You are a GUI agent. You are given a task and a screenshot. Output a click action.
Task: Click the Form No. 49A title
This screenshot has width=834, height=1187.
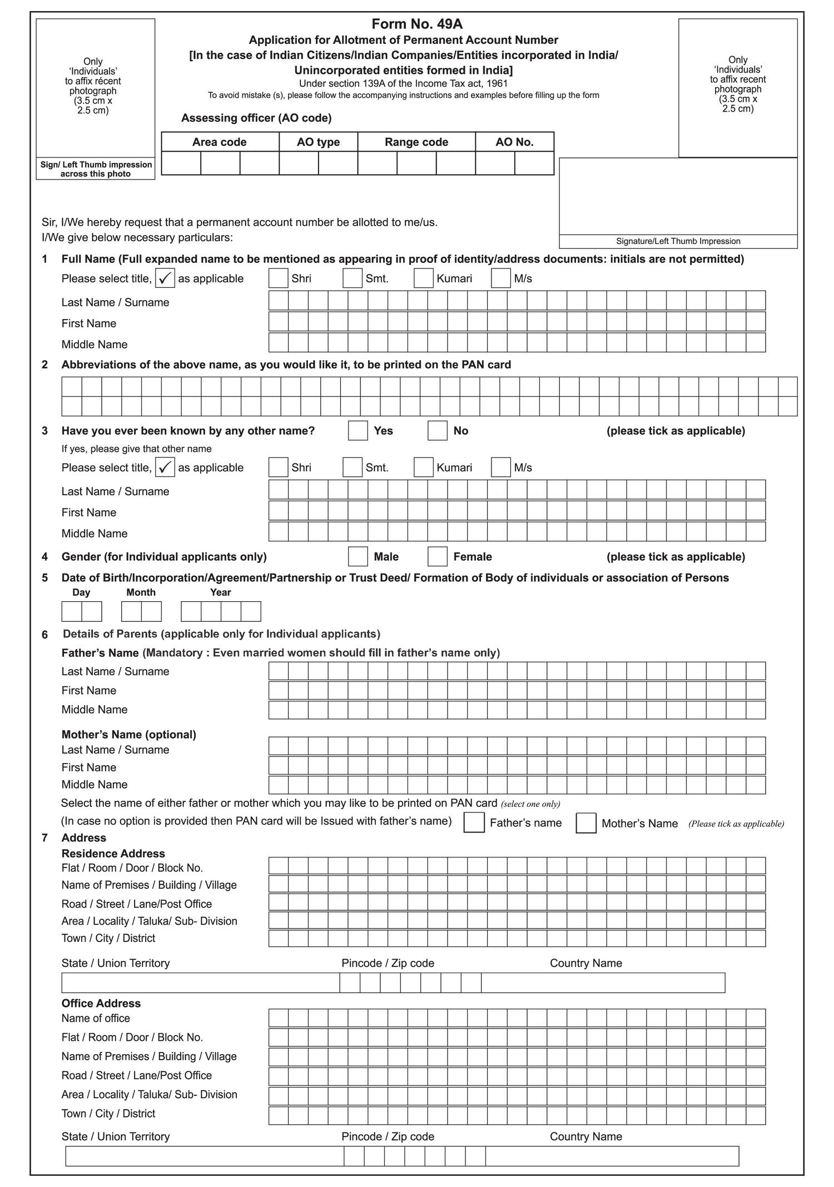click(417, 24)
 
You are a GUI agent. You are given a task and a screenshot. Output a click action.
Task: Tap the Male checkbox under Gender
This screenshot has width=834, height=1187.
click(358, 556)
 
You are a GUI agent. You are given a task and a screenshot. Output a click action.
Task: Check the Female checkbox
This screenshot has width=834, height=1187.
click(438, 556)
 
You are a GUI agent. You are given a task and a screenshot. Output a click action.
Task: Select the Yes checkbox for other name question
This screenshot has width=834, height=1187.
click(358, 431)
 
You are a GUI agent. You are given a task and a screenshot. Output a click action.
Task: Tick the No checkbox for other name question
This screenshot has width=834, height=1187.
click(438, 431)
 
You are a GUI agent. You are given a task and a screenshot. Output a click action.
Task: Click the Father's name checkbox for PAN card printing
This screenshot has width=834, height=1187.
click(474, 822)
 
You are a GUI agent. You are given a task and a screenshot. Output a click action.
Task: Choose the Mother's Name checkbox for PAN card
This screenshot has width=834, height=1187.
click(586, 823)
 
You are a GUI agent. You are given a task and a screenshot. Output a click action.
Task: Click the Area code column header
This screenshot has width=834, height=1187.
click(220, 142)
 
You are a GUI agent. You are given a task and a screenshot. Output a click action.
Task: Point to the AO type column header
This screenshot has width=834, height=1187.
click(318, 142)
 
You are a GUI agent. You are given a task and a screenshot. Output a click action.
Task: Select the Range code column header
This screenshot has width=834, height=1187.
click(416, 142)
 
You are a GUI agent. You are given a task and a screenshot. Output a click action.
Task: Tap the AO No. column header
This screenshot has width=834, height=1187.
click(514, 142)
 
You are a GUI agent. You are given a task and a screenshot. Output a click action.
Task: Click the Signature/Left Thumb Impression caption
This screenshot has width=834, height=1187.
click(678, 241)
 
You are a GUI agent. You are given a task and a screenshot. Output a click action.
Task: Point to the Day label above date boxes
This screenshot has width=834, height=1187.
click(81, 592)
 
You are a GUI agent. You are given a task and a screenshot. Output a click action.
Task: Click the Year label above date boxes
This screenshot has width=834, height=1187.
click(221, 592)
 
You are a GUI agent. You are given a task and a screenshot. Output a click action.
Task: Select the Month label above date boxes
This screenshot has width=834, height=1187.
click(141, 592)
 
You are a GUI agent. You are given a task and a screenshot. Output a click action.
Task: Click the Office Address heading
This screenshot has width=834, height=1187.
click(101, 1003)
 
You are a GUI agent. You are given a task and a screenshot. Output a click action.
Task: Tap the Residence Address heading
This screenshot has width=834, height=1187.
click(113, 853)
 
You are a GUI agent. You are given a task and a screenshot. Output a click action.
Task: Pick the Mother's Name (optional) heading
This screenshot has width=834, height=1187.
click(129, 735)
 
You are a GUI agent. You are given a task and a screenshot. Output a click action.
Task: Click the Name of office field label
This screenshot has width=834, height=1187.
click(96, 1018)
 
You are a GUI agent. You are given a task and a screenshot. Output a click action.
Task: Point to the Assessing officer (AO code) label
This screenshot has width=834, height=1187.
click(256, 118)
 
